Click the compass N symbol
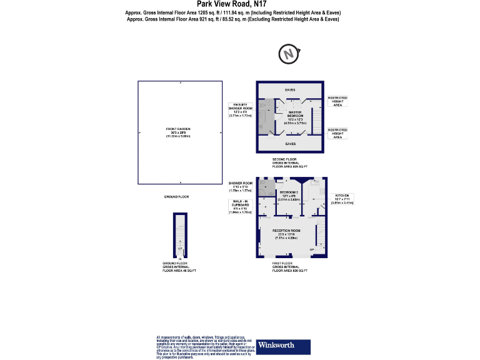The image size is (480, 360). (x=289, y=55)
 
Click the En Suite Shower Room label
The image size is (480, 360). (x=239, y=110)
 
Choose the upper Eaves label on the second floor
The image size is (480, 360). (x=290, y=90)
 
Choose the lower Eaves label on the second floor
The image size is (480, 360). (x=290, y=144)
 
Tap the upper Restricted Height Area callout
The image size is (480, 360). (x=337, y=101)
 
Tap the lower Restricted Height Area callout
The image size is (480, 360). (x=337, y=132)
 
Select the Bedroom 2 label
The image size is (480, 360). (x=289, y=194)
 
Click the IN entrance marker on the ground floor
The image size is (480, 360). (x=180, y=259)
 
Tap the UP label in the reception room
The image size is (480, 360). (x=312, y=251)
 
